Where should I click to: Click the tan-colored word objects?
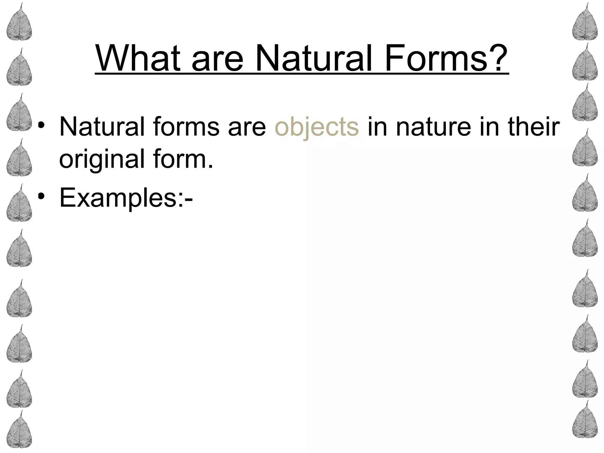[x=317, y=127]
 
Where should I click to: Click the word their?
[x=534, y=127]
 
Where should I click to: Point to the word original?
[x=102, y=159]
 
